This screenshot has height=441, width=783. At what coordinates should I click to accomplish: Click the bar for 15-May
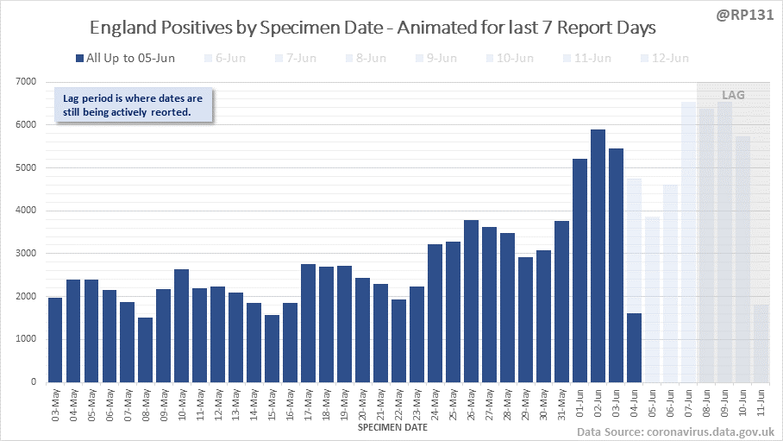coord(272,349)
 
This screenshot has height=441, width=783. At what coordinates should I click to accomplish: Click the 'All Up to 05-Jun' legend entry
coord(124,59)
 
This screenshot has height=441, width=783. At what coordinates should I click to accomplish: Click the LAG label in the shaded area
coord(732,95)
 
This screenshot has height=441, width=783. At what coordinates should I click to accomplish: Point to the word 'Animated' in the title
coord(436,28)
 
